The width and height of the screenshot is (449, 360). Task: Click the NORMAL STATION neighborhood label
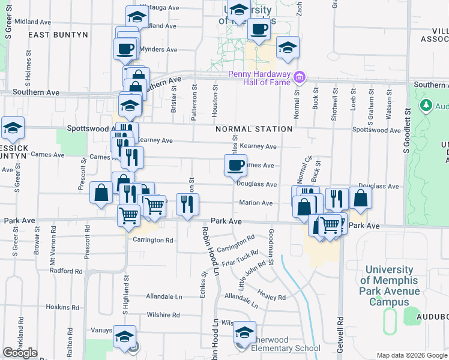pos(255,129)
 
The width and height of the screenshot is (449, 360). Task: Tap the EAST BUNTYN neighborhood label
pos(58,35)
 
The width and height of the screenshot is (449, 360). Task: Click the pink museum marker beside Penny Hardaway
pos(301,77)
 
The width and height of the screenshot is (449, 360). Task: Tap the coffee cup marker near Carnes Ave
pos(236,165)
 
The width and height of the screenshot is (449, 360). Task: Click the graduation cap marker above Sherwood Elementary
pos(244,332)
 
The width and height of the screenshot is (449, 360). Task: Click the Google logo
pos(20,353)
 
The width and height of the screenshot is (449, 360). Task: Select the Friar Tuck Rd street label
pos(240,259)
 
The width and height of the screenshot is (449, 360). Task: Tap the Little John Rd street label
pos(252,275)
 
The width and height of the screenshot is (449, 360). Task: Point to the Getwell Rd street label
pos(340,336)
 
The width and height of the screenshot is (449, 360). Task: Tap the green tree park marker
pos(426,106)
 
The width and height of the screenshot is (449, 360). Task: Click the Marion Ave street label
pos(256,203)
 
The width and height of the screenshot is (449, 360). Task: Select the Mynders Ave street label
pos(158,49)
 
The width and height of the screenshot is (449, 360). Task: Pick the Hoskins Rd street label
pos(58,307)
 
